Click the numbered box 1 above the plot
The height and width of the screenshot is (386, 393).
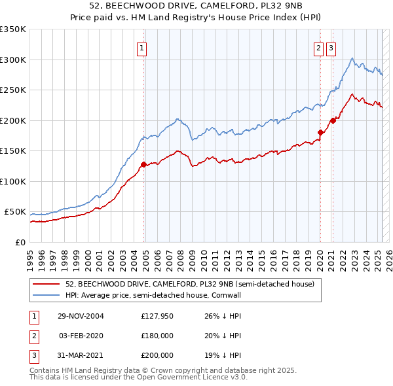[x=141, y=48]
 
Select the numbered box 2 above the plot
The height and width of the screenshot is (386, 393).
[x=318, y=48]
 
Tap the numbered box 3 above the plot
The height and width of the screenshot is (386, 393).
[x=331, y=48]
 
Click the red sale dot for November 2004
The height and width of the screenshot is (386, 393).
[x=143, y=164]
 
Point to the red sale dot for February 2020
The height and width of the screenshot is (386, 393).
[x=320, y=133]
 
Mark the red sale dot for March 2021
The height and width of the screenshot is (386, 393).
[x=333, y=120]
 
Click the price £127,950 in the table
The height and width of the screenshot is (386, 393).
[x=157, y=316]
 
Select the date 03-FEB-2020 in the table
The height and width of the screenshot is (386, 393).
[x=81, y=336]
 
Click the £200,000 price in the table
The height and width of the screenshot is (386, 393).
[x=157, y=355]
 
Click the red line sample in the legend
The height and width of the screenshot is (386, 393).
[x=47, y=284]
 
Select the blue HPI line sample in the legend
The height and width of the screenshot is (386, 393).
[x=47, y=296]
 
